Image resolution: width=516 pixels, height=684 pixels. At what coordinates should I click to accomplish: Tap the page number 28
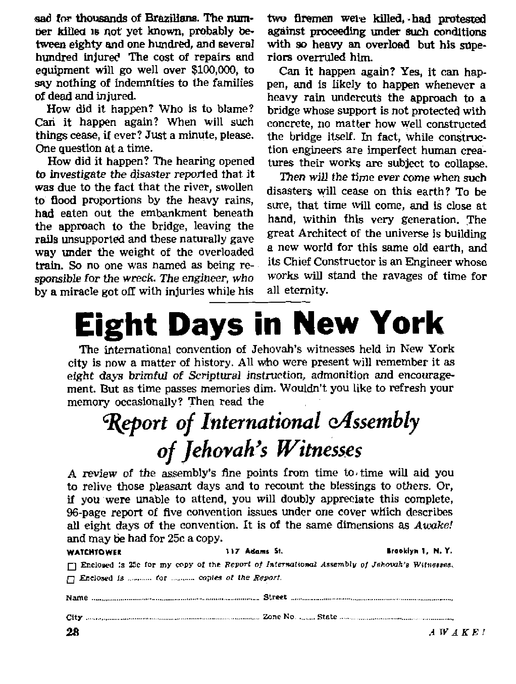pyautogui.click(x=72, y=632)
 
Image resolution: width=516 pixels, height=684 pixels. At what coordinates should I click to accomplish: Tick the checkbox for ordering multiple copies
pyautogui.click(x=71, y=579)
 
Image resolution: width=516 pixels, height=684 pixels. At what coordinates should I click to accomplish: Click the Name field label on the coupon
pyautogui.click(x=77, y=598)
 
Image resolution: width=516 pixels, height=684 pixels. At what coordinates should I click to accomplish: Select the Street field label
pyautogui.click(x=275, y=597)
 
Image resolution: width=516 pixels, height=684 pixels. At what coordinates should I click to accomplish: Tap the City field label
pyautogui.click(x=74, y=617)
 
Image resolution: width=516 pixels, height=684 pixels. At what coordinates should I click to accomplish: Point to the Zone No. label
pyautogui.click(x=279, y=617)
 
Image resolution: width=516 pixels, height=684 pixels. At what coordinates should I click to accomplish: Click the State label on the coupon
pyautogui.click(x=327, y=617)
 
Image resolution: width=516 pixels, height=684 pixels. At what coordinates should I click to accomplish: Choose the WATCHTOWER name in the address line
pyautogui.click(x=94, y=552)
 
